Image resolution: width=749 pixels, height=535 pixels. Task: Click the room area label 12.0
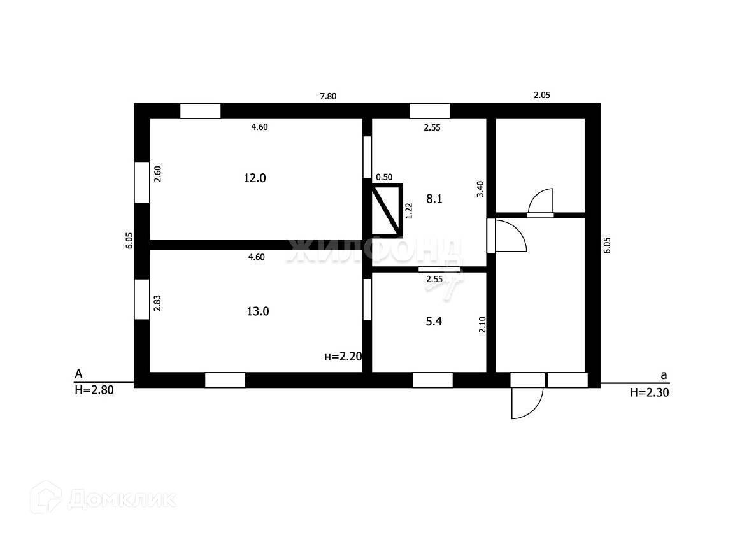[x=254, y=178]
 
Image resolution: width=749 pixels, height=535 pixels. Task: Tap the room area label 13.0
[x=258, y=311]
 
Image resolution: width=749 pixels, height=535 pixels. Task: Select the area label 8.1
[x=434, y=199]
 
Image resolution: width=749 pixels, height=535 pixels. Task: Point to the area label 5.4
[x=434, y=322]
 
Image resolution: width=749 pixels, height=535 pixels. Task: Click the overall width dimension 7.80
[x=328, y=96]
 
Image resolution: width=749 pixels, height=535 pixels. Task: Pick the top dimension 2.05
[x=541, y=95]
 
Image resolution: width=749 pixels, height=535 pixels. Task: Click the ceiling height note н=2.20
[x=343, y=357]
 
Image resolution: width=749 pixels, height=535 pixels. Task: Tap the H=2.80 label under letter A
[x=94, y=391]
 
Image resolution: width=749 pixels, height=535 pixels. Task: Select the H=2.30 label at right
[x=649, y=393]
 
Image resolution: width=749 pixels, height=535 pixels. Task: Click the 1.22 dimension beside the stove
[x=409, y=210]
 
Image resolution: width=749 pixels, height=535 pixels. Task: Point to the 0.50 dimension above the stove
[x=384, y=177]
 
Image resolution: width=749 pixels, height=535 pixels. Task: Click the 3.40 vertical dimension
[x=481, y=189]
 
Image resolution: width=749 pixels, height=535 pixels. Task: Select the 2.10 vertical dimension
[x=482, y=325]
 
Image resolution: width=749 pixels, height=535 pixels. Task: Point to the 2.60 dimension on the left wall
[x=157, y=174]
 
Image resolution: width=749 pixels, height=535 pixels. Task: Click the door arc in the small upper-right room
[x=541, y=201]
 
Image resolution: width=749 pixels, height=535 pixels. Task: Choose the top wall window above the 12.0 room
[x=200, y=111]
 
